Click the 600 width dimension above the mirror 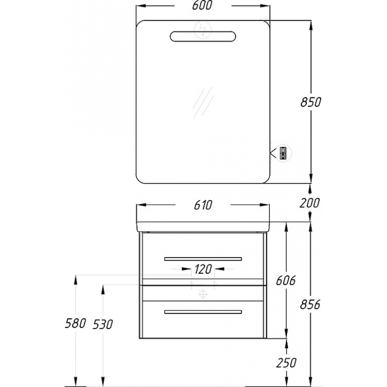(x=202, y=6)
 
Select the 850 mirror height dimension (x=311, y=102)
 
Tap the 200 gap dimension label (x=310, y=203)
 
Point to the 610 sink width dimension (x=203, y=205)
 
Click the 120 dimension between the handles (x=203, y=269)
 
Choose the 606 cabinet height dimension (x=285, y=281)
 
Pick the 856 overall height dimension (x=310, y=304)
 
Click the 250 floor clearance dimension (x=286, y=363)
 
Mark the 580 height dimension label (x=75, y=323)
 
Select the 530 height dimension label (x=103, y=325)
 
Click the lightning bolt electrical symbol (x=203, y=30)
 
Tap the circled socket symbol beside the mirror (x=284, y=153)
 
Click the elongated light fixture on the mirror (x=203, y=36)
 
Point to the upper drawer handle (x=203, y=259)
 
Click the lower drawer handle (x=203, y=312)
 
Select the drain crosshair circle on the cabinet (x=203, y=294)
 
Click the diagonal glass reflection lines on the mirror (x=203, y=102)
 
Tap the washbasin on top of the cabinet (x=203, y=227)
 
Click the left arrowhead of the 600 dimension (x=140, y=6)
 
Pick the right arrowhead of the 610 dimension (x=265, y=205)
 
